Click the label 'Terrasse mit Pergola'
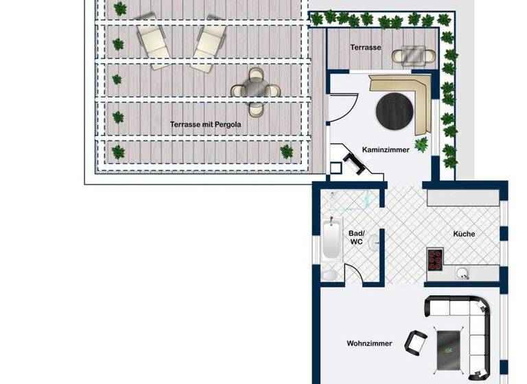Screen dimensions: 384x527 click(x=205, y=125)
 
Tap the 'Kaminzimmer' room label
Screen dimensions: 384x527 click(x=386, y=149)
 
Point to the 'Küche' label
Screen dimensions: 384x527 click(x=464, y=234)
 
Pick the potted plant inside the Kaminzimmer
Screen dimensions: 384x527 click(x=421, y=143)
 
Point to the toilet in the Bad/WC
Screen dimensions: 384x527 click(x=329, y=275)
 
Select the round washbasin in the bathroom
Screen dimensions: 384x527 click(x=373, y=243)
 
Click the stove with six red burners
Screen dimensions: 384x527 click(x=435, y=259)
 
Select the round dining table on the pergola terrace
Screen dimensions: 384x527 click(x=256, y=89)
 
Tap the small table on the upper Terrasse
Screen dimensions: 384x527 click(x=414, y=54)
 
